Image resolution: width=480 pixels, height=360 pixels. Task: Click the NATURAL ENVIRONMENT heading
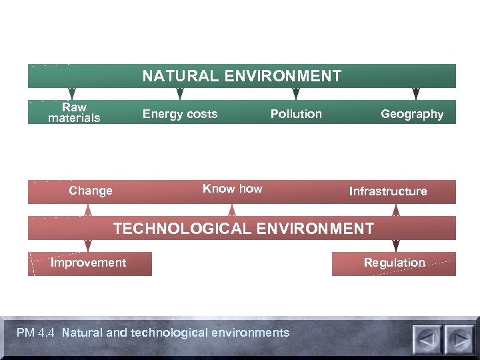[x=241, y=76]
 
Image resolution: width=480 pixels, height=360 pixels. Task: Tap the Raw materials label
[x=74, y=113]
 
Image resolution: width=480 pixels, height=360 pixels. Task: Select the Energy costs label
[x=180, y=114]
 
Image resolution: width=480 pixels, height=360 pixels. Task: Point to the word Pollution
[x=296, y=114]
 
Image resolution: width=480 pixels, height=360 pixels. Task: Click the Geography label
[x=412, y=114]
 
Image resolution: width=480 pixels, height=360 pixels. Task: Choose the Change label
[x=91, y=191]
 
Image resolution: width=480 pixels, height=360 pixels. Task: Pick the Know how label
[x=233, y=189]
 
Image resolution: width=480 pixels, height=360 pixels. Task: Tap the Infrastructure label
[x=388, y=191]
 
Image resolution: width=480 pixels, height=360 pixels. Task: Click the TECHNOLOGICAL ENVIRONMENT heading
[x=243, y=229]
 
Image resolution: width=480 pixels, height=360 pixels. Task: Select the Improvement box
[x=89, y=263]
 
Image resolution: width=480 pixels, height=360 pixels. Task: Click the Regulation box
[x=394, y=263]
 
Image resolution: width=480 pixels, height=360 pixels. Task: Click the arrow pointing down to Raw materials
[x=72, y=93]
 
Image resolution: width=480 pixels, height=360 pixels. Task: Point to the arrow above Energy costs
[x=179, y=93]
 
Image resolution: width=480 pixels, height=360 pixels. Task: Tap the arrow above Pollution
[x=297, y=93]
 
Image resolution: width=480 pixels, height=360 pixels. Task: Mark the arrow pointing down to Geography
[x=416, y=93]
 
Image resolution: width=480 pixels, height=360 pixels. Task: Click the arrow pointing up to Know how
[x=232, y=210]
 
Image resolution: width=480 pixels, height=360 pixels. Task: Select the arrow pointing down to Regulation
[x=396, y=245]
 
